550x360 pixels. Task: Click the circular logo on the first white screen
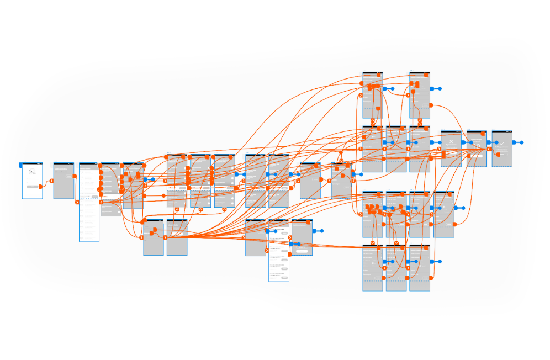pos(32,172)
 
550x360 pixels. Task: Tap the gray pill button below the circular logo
pos(32,187)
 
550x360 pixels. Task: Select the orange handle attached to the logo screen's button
pos(40,187)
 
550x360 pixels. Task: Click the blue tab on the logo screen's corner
pos(22,165)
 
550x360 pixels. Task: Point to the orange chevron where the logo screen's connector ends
pos(51,181)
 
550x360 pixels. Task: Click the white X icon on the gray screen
pos(451,142)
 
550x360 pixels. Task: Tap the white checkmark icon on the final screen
pos(502,143)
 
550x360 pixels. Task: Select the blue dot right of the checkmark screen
pos(522,142)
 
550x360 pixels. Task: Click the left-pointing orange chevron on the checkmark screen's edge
pos(490,149)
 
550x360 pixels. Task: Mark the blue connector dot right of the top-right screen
pos(440,88)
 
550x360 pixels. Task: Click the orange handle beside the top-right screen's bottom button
pos(432,104)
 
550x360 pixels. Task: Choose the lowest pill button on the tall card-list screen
pos(284,278)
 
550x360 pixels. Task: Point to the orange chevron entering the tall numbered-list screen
pos(77,202)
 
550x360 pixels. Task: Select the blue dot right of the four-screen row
pos(462,210)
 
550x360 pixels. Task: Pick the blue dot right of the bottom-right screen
pos(440,261)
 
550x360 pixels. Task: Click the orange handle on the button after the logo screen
pos(75,176)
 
